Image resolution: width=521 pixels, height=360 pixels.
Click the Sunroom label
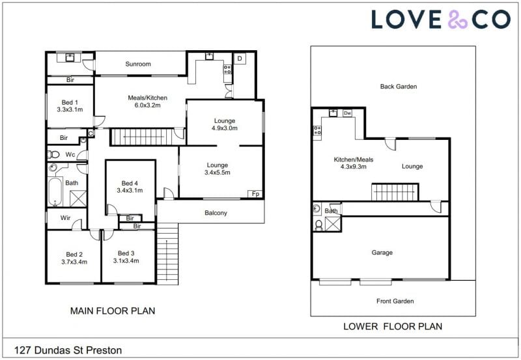point(138,64)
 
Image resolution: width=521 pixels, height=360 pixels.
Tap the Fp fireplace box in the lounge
point(255,194)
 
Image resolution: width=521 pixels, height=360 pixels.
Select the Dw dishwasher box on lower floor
point(347,113)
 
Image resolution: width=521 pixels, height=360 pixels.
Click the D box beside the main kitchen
point(240,59)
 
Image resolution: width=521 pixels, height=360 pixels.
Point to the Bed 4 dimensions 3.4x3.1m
point(130,191)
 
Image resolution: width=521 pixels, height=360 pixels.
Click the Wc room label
point(70,154)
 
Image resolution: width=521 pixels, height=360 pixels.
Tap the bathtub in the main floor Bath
point(55,192)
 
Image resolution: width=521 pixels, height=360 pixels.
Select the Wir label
point(65,218)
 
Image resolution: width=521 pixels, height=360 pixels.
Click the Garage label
point(382,253)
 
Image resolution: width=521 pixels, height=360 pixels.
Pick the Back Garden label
point(399,87)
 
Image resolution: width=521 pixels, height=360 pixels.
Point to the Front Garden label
point(395,301)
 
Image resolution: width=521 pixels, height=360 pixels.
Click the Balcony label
point(216,213)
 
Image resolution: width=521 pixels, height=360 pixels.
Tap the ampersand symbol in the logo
point(458,20)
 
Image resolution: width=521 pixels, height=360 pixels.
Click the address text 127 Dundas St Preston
point(68,350)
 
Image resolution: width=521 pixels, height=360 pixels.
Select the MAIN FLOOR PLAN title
point(113,311)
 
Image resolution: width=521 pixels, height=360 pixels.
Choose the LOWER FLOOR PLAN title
point(393,326)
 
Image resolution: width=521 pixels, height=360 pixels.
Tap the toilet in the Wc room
point(53,154)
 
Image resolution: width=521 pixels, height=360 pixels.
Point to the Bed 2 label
point(74,255)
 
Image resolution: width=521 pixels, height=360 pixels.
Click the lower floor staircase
point(395,192)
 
